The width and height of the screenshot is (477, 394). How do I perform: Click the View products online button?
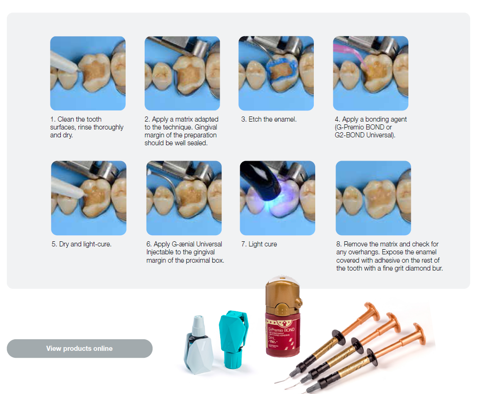pos(79,349)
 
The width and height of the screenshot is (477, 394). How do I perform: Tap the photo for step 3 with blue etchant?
pos(276,73)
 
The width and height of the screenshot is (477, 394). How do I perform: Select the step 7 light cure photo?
pos(277,198)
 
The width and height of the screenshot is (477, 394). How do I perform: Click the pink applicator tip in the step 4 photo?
pos(350,55)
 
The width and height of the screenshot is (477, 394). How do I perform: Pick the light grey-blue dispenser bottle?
pos(199,346)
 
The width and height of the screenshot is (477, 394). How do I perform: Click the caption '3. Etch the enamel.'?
pos(268,119)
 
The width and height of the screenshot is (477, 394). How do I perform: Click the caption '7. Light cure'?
pos(259,244)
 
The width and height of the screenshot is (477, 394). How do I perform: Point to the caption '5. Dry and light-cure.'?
pos(82,244)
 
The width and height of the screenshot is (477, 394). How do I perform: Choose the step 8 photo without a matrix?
pos(373,198)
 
